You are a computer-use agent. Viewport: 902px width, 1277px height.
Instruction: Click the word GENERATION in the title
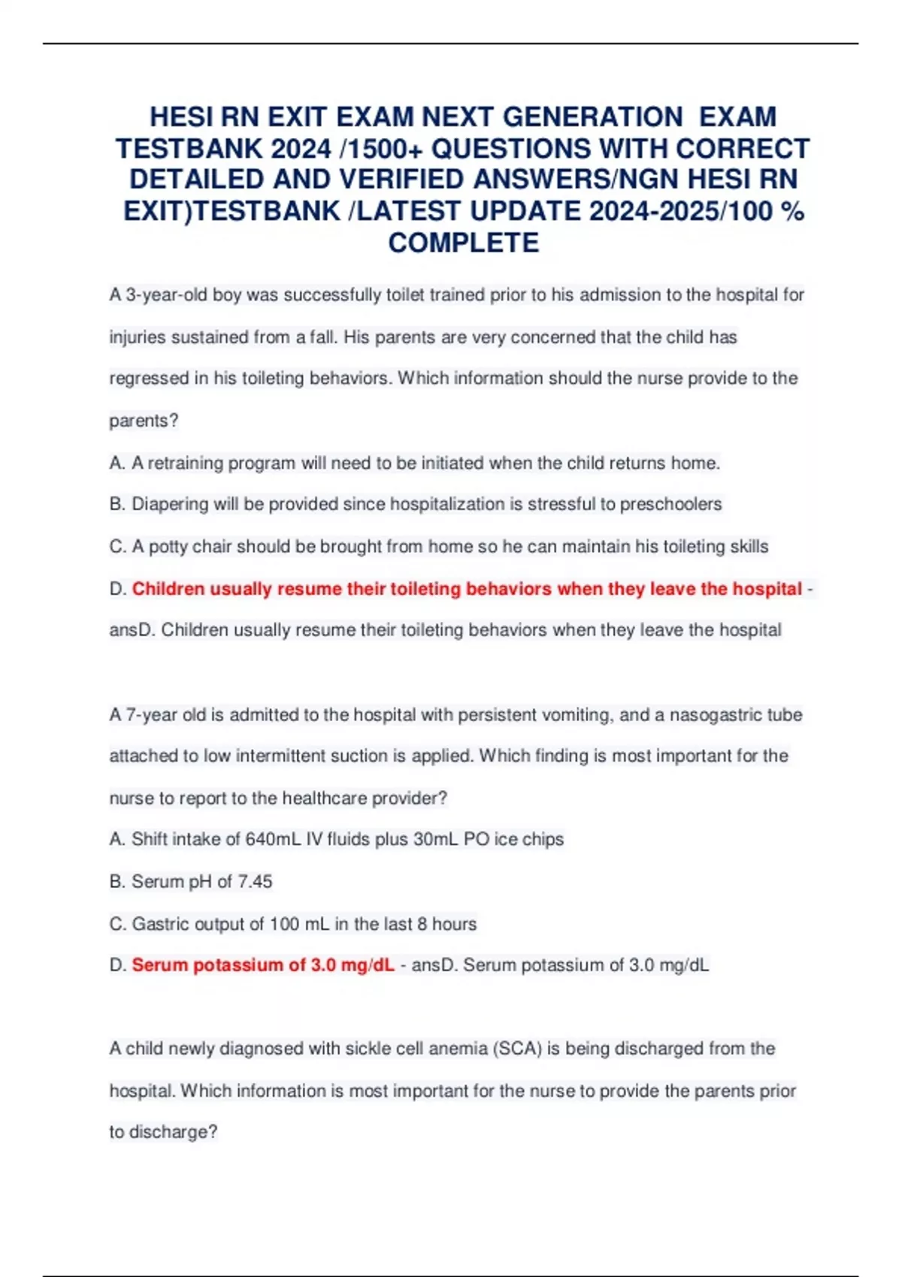click(x=592, y=117)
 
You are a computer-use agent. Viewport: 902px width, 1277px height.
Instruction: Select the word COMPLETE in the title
click(x=463, y=243)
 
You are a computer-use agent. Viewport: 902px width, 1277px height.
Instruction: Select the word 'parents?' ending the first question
click(x=144, y=421)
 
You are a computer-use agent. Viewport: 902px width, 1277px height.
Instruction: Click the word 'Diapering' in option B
click(x=170, y=504)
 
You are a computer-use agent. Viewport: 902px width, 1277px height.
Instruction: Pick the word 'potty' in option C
click(x=168, y=547)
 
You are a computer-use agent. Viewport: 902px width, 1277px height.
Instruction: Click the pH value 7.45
click(x=255, y=881)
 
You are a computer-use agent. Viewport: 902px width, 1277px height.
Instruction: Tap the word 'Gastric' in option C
click(x=160, y=924)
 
